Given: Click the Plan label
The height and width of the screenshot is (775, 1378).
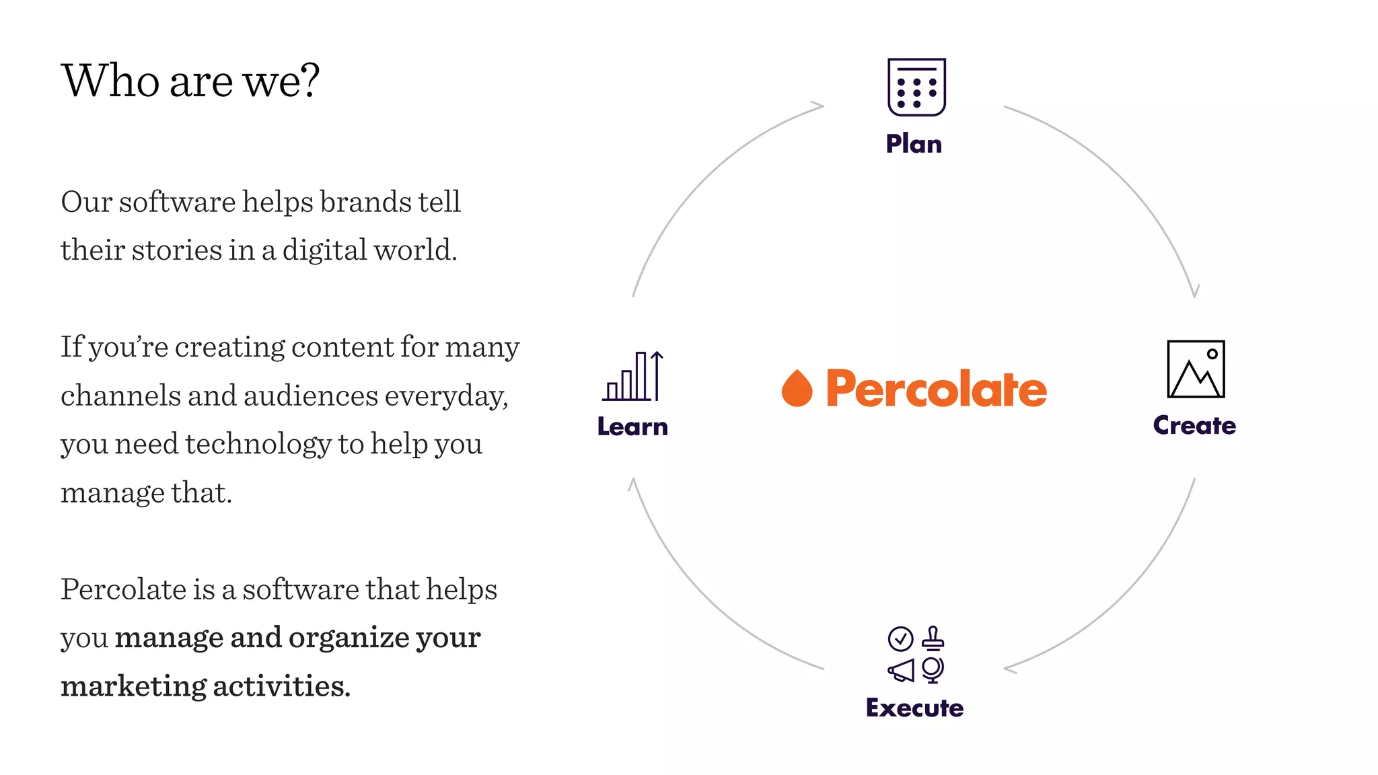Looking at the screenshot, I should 914,144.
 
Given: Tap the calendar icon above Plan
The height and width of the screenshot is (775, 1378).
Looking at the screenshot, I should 916,87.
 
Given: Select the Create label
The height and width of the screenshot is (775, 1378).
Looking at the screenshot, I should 1194,425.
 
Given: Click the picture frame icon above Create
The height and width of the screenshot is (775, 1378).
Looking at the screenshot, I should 1196,369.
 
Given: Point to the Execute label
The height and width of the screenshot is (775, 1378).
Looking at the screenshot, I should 914,708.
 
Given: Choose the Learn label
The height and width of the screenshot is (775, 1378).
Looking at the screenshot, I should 632,427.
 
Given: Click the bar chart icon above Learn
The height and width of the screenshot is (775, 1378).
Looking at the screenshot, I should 632,376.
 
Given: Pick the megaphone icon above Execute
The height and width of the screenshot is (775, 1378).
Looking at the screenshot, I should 901,670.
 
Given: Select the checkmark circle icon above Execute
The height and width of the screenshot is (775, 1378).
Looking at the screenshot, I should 900,638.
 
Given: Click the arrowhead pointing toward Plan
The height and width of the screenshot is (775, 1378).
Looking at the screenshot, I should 818,106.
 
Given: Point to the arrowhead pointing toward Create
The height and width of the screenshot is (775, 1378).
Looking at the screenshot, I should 1195,291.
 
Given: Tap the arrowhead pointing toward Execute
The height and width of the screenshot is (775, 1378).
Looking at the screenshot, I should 1010,669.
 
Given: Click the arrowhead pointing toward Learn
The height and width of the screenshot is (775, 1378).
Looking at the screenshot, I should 632,484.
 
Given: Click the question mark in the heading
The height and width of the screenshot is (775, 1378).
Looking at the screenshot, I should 310,81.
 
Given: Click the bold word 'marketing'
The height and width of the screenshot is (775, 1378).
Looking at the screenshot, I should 133,686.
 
